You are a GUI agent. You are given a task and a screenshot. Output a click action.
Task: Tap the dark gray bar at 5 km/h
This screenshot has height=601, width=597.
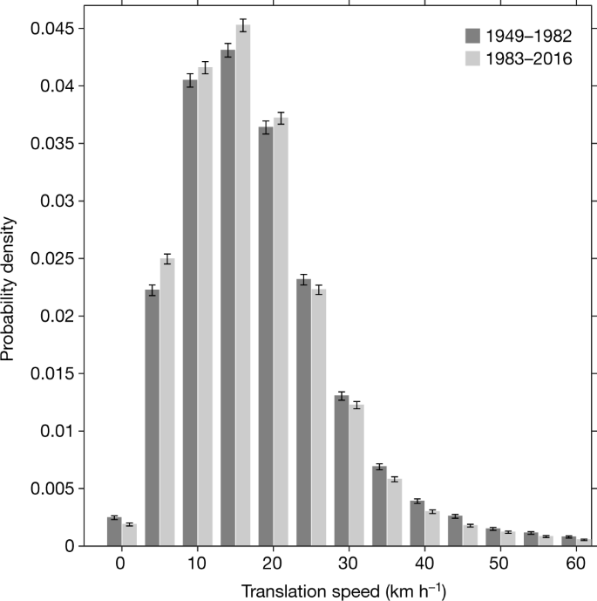pos(152,418)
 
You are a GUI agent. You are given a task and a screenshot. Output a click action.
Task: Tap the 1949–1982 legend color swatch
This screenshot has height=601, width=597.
pos(473,37)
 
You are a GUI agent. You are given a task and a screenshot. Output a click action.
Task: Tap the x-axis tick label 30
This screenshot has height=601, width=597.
pos(349,564)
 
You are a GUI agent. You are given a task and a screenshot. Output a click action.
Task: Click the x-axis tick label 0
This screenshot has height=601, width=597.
pos(121,564)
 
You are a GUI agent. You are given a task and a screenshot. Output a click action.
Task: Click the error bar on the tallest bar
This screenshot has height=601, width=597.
pos(243,26)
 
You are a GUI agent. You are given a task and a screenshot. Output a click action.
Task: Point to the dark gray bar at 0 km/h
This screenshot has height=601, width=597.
pos(113,531)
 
